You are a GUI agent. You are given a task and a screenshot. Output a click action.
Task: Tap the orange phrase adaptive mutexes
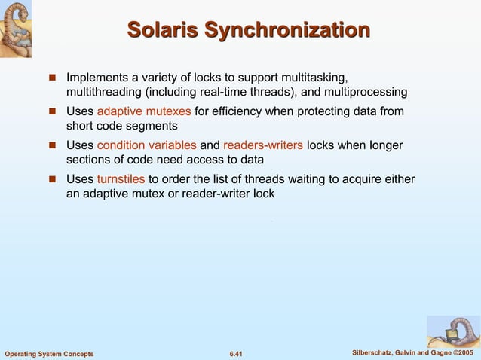click(x=144, y=111)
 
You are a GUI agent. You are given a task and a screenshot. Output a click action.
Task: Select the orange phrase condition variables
click(x=147, y=145)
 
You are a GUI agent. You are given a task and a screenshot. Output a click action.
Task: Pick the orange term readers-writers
click(x=263, y=145)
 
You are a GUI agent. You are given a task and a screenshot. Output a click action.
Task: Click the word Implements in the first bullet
click(x=97, y=78)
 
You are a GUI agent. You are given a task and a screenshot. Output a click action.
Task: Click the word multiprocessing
click(x=365, y=92)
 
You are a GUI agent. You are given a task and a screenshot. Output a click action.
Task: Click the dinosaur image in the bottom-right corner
click(x=453, y=331)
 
